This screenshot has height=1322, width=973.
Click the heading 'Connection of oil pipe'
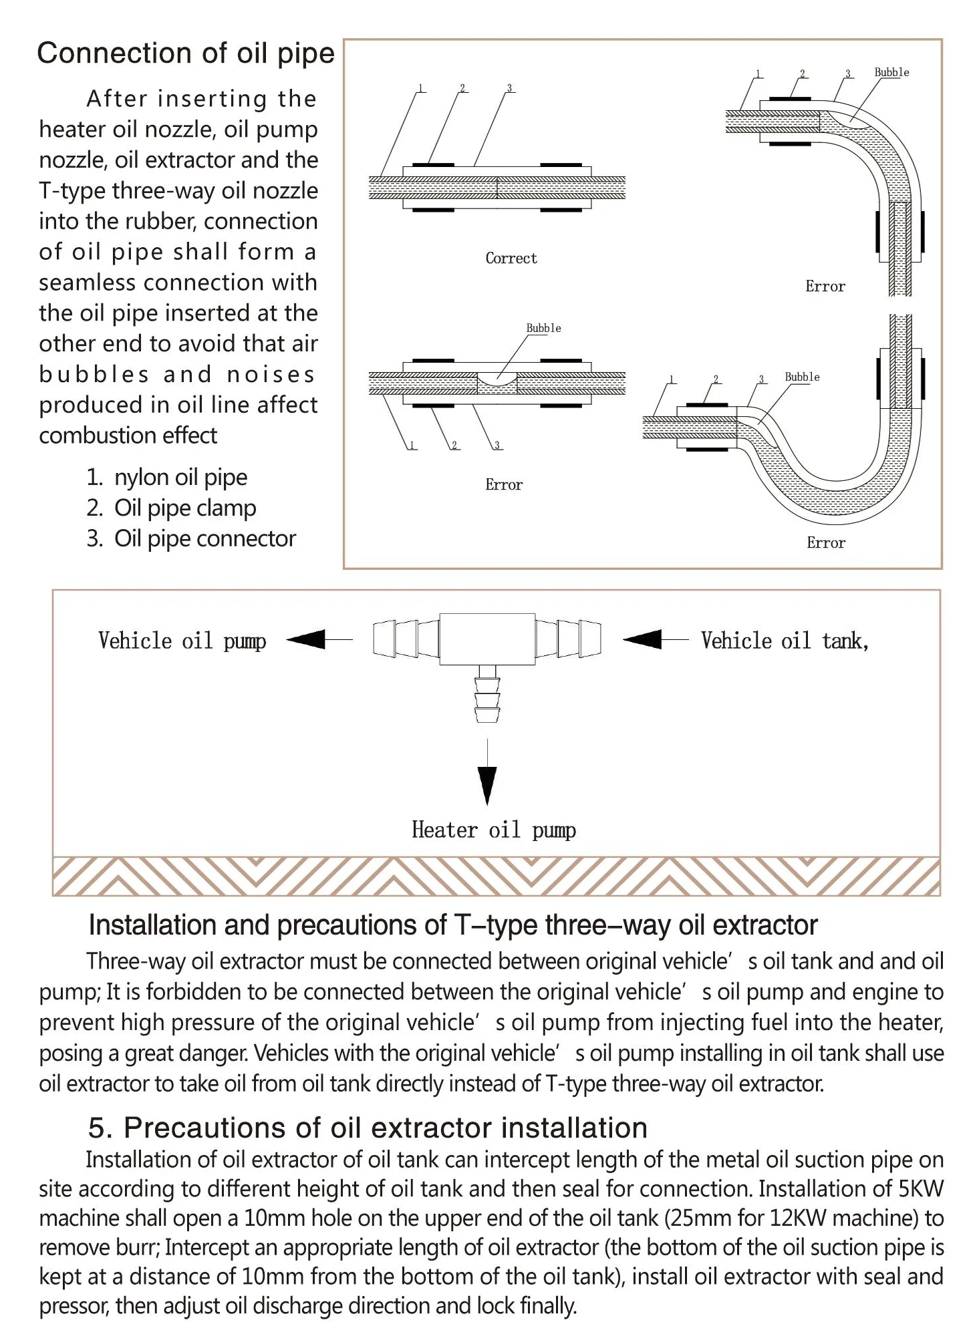pos(186,53)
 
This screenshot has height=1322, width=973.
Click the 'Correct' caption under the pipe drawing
pos(511,259)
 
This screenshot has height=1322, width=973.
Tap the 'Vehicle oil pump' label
pos(182,641)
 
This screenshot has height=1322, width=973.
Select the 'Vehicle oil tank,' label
pos(785,641)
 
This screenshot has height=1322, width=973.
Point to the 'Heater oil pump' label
pos(494,830)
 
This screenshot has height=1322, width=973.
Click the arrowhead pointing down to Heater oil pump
pos(487,785)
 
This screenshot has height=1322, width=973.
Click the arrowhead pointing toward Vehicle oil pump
pos(307,639)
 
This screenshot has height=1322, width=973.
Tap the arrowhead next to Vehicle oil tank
pos(643,639)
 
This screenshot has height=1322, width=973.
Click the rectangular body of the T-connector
pos(487,639)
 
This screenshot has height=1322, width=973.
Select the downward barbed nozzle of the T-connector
pos(487,698)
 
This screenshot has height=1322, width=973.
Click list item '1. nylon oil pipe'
pos(167,478)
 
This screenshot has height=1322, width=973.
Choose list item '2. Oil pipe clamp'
pos(171,508)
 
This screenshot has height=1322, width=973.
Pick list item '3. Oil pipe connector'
pos(191,539)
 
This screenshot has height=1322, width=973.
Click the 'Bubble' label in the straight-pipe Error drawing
pos(543,328)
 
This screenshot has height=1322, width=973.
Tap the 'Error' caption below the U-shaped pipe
pos(826,543)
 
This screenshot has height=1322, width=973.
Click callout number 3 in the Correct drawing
pos(510,88)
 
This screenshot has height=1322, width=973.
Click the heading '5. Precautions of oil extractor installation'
pos(368,1128)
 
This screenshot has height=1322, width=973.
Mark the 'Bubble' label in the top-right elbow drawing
pos(891,72)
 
